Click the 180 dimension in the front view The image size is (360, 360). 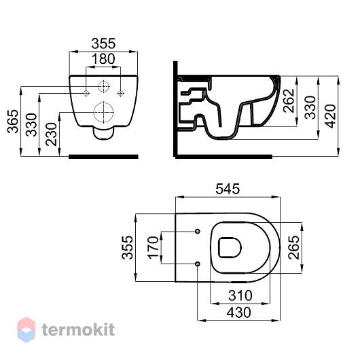[x=103, y=59]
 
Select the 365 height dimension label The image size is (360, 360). [x=13, y=122]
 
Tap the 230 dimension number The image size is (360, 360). [x=51, y=134]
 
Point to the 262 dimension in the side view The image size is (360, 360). [x=289, y=101]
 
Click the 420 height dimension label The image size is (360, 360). [x=331, y=116]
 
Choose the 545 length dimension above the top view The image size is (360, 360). [x=228, y=189]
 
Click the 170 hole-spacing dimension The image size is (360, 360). [x=153, y=247]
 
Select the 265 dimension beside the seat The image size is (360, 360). [x=294, y=247]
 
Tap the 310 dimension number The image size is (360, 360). [x=240, y=295]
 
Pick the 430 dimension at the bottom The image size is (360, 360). [x=239, y=312]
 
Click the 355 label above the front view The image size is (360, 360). [x=103, y=43]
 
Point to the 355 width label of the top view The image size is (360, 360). [x=127, y=247]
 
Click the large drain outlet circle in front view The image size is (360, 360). [x=104, y=112]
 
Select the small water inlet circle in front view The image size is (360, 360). [x=104, y=86]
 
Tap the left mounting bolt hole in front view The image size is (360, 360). [x=86, y=93]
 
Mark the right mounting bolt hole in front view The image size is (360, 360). [x=120, y=93]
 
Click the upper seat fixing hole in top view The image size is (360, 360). [x=198, y=231]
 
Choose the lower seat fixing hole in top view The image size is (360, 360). [x=198, y=264]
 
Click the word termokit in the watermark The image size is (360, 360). [x=78, y=329]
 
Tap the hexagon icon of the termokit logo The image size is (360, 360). [x=26, y=329]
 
